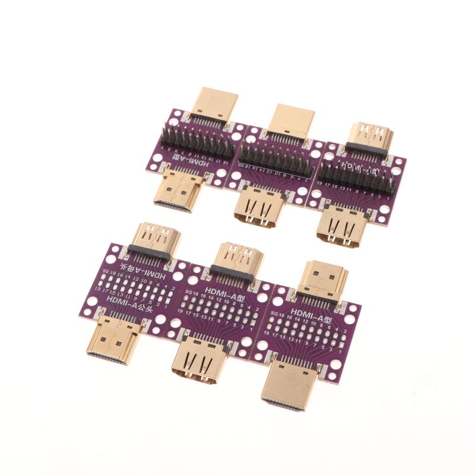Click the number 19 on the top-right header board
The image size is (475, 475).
[321, 185]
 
